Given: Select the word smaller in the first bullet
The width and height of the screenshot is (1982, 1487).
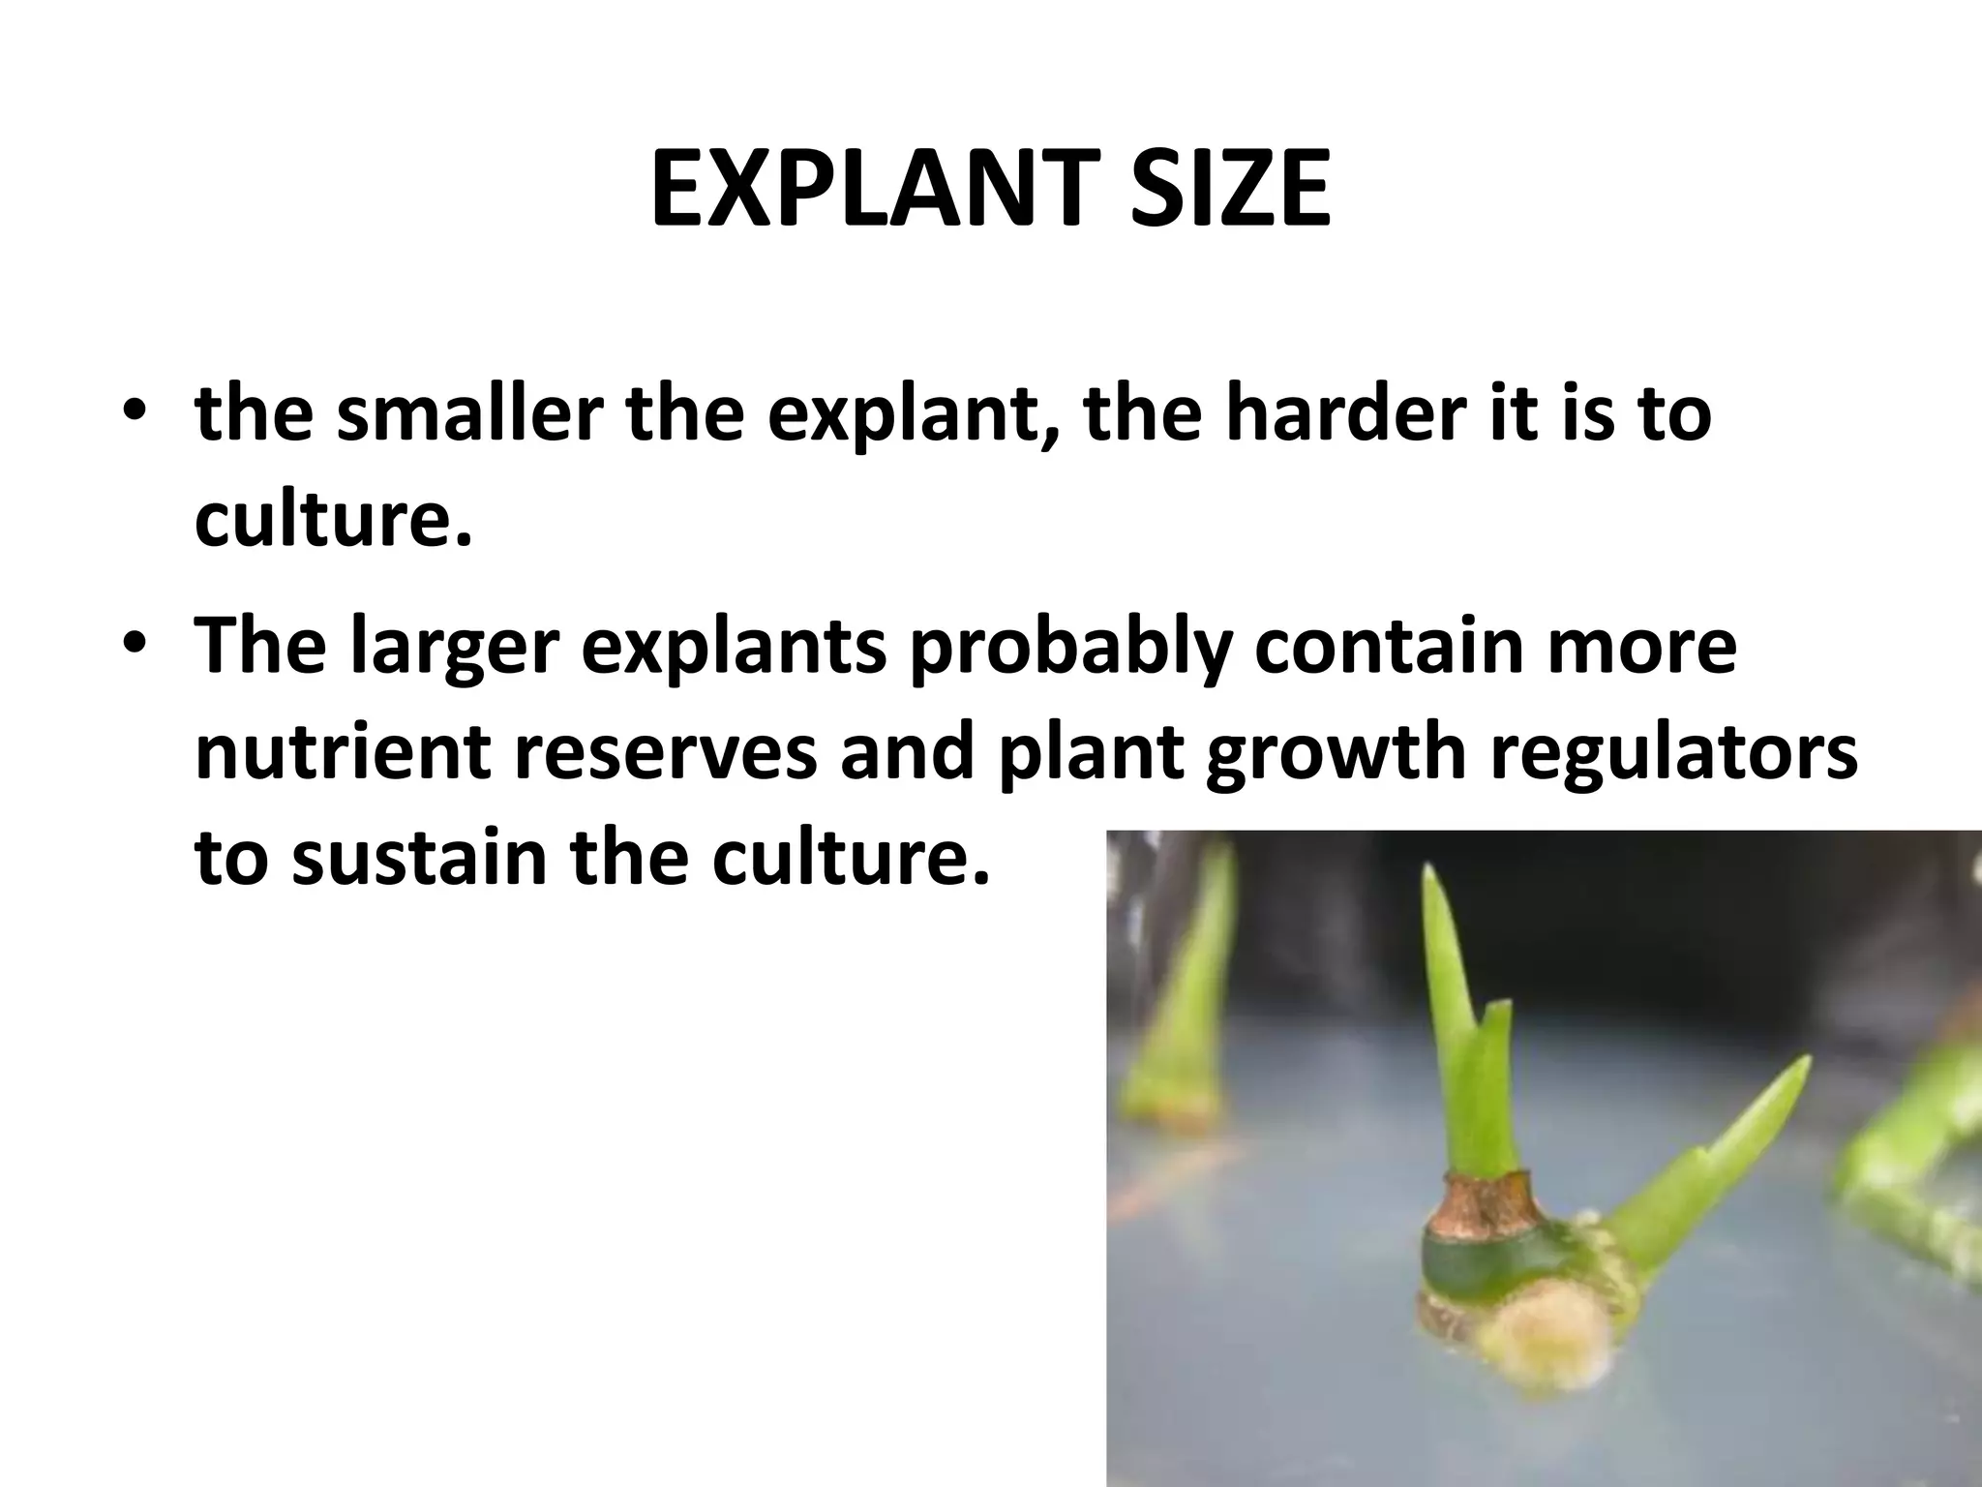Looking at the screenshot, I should click(469, 414).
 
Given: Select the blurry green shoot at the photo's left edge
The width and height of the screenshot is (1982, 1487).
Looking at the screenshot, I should click(1181, 1017).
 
